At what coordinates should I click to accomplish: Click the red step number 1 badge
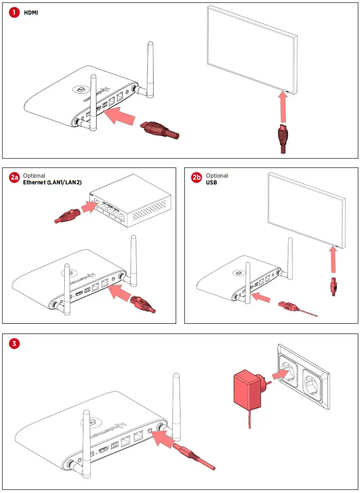[x=14, y=13]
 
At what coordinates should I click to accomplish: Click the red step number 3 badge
[x=15, y=343]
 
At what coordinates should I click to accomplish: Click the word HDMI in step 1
[x=31, y=13]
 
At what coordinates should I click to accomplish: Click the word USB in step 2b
[x=211, y=182]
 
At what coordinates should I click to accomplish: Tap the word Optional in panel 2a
[x=34, y=176]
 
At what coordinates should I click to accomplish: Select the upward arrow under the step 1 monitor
[x=283, y=108]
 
